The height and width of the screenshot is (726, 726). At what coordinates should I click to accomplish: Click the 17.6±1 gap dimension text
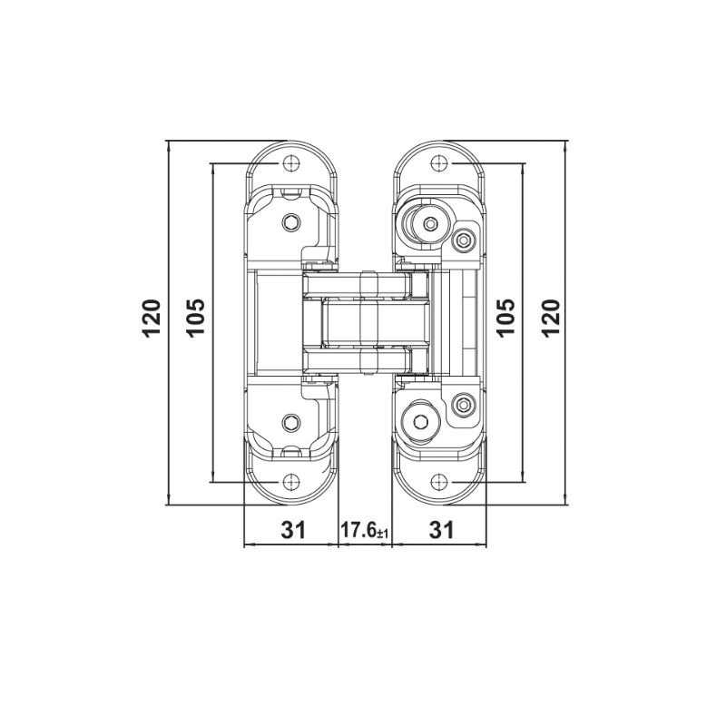click(x=363, y=531)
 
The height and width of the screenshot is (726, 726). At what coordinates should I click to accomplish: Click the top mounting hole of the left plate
click(x=291, y=163)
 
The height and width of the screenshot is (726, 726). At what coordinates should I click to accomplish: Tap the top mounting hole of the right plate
click(x=439, y=163)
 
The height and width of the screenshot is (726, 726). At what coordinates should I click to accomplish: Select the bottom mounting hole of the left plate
click(x=291, y=482)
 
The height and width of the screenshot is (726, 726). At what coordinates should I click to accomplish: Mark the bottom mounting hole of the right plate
click(x=439, y=482)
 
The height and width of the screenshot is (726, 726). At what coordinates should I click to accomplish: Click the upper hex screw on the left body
click(x=291, y=222)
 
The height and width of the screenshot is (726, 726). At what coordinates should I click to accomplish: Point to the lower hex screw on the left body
click(x=291, y=422)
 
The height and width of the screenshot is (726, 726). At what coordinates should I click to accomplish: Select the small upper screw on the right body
click(x=465, y=240)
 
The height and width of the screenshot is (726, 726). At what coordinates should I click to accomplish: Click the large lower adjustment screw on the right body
click(x=423, y=420)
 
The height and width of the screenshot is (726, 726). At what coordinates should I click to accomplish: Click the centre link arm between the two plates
click(x=368, y=323)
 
